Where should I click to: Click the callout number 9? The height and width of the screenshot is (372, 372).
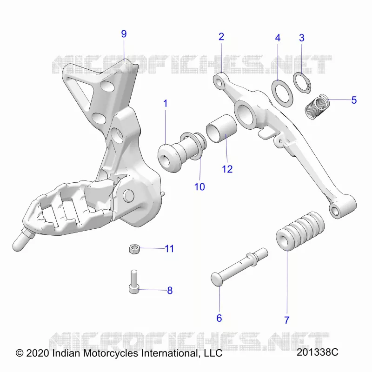[x=124, y=34]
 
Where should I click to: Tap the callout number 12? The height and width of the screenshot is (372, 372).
[x=227, y=169]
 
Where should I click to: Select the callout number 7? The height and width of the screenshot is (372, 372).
[x=287, y=320]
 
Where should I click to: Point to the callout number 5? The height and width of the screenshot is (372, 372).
[x=354, y=100]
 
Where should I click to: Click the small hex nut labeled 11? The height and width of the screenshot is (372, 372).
[x=134, y=249]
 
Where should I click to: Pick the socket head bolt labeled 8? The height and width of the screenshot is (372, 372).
[x=134, y=282]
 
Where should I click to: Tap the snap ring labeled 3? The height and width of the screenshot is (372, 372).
[x=302, y=83]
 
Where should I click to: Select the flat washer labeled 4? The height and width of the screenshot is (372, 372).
[x=282, y=94]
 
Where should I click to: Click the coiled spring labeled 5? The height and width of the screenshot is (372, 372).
[x=317, y=106]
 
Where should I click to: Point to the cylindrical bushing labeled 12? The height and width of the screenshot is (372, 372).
[x=221, y=129]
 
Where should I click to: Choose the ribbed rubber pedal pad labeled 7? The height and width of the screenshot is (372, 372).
[x=300, y=231]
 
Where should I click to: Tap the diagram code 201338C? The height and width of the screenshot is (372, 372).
[x=317, y=352]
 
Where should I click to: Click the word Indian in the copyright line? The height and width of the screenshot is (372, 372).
[x=66, y=353]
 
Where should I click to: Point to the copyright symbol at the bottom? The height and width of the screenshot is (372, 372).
[x=20, y=353]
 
